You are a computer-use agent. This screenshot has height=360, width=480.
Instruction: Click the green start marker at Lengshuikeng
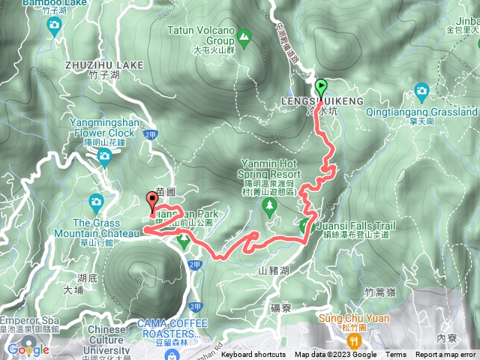321,86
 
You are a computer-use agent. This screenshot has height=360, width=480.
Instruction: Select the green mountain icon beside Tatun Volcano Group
244,34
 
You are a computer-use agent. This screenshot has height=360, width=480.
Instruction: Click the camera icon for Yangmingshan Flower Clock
103,155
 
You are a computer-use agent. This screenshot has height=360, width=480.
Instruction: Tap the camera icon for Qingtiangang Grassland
422,92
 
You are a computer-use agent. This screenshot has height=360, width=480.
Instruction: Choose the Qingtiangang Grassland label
432,112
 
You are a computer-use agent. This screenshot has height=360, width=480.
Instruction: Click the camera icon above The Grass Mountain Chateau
96,201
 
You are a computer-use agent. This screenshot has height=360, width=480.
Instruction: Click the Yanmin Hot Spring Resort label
270,168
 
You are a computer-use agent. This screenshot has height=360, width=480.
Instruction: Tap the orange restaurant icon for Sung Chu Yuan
349,337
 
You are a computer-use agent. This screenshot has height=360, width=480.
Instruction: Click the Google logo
28,349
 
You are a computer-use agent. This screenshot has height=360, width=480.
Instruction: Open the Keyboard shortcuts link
253,355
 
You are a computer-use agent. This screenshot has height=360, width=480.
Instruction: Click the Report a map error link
445,355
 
